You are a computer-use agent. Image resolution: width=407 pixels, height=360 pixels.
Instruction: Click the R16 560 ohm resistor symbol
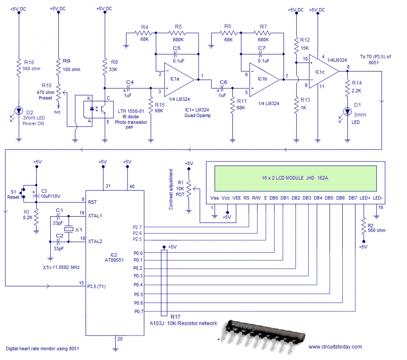pos(19,68)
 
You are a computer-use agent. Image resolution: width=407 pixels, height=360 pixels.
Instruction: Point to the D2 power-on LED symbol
pos(19,110)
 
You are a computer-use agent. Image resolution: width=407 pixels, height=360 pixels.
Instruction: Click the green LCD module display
pos(294,178)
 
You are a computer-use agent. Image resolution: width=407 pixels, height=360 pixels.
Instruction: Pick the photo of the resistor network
pos(262,335)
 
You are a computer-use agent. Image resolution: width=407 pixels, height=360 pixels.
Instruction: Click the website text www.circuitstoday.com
pos(335,347)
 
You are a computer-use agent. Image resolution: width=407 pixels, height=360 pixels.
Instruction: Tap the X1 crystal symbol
pos(68,230)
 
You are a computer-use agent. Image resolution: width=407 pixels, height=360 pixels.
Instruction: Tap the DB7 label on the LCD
pos(353,198)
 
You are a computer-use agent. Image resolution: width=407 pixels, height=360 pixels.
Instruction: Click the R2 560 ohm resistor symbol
pos(363,227)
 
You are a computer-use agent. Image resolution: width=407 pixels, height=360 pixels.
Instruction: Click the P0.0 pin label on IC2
pos(138,253)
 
